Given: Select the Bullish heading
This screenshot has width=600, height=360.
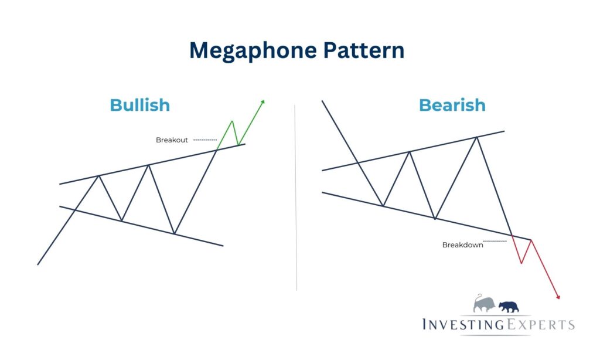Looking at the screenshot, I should tap(140, 105).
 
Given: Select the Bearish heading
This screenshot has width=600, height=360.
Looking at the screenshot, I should tap(452, 105).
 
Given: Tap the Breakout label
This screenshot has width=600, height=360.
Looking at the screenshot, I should tap(171, 140).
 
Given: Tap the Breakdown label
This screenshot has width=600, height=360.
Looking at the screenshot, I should tap(462, 245).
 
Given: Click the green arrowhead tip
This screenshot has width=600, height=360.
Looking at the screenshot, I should tap(264, 100).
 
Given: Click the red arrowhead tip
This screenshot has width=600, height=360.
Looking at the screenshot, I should tap(560, 299).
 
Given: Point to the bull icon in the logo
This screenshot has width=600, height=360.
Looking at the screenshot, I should tap(485, 303).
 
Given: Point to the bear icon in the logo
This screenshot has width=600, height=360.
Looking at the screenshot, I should tap(508, 305).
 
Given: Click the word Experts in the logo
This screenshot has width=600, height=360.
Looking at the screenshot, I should tap(542, 324).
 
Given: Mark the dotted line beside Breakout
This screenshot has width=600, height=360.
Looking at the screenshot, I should tap(205, 140).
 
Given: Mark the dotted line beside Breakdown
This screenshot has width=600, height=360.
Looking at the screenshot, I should tap(495, 241).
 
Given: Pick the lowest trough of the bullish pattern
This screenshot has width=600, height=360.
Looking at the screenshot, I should tap(174, 233).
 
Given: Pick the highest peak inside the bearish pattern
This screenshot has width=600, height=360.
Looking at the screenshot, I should tap(477, 137).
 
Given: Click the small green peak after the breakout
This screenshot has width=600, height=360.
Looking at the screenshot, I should tap(233, 121).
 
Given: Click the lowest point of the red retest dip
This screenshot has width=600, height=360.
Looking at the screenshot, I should tap(521, 263).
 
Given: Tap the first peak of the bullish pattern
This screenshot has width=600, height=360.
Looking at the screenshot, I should tap(98, 175).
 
